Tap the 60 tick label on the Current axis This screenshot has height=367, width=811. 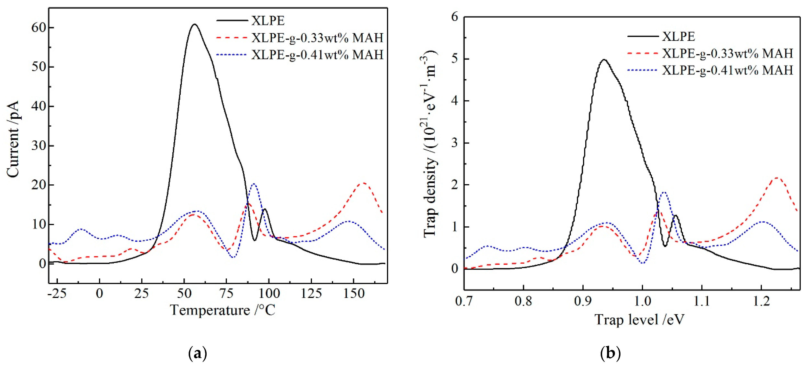38,28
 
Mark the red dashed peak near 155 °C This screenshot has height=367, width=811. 364,183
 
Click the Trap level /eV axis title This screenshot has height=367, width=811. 639,320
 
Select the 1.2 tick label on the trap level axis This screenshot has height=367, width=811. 761,301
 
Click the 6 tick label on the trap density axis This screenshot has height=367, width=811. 454,17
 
